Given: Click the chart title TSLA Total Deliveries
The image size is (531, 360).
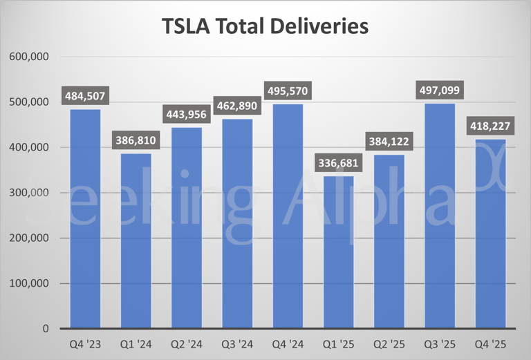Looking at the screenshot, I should [x=265, y=26].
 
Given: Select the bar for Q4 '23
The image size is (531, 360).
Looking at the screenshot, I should [x=85, y=218].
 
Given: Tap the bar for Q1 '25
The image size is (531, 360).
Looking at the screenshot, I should [x=339, y=252].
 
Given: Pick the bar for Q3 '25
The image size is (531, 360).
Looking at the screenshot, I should [x=440, y=216].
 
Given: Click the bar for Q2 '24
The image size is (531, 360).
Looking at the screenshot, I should [x=187, y=228].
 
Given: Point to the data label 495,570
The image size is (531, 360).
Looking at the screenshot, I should [x=288, y=91].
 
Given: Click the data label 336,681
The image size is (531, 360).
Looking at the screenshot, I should [x=339, y=164].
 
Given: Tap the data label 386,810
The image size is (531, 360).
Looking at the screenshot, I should [x=136, y=142].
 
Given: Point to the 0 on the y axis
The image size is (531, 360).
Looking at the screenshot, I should [x=45, y=329].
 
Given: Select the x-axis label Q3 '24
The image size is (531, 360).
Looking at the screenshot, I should [x=237, y=343].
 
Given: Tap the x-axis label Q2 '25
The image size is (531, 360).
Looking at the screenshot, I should [x=389, y=343].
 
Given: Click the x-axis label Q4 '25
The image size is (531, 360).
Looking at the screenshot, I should [x=491, y=343].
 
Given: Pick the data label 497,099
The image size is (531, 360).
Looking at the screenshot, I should [x=440, y=91].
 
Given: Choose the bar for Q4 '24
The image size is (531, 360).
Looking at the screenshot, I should [x=288, y=216].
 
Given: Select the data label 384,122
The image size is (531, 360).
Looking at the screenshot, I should [x=389, y=142].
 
